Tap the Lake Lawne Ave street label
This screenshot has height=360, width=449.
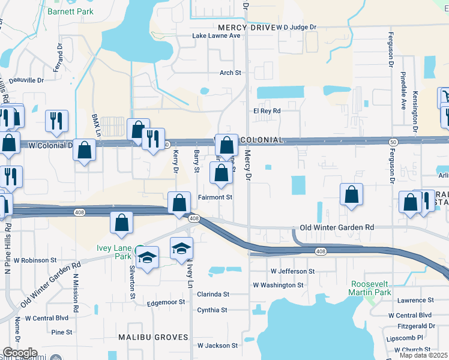[216, 36]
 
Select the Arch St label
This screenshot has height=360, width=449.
[230, 73]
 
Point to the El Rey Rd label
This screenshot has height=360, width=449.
[267, 111]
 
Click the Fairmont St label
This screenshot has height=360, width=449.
[215, 197]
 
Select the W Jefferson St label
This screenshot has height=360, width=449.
[292, 271]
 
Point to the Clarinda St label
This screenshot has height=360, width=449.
[213, 295]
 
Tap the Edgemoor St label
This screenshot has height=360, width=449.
[168, 304]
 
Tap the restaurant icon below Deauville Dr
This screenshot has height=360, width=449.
[56, 120]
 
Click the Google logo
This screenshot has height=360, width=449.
[20, 353]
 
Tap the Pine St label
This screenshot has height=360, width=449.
[62, 332]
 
